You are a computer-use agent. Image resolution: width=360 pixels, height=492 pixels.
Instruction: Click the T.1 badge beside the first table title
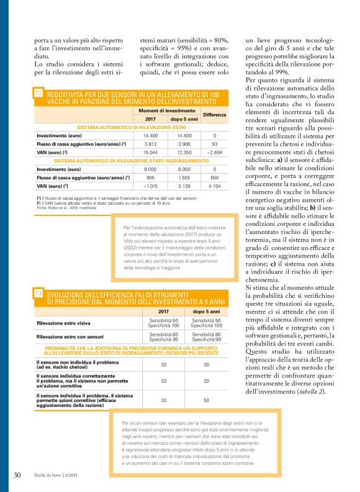coord(38,92)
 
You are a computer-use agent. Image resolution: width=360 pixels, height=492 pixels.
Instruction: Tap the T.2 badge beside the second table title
coord(38,293)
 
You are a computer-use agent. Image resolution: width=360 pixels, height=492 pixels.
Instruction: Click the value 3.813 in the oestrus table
coord(150,143)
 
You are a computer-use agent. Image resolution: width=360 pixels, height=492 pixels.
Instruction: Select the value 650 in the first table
coord(214,177)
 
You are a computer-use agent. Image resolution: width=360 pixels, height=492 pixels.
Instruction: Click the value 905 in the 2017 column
coord(150,177)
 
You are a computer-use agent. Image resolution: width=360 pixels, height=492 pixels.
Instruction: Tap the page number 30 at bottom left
coord(17,475)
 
